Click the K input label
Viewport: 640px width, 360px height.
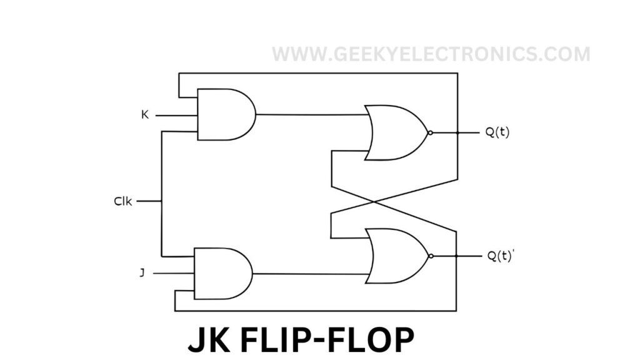coord(145,115)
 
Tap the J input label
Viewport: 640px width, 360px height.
coord(142,273)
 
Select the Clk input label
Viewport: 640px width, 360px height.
coord(123,201)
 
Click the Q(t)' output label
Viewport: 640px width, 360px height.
coord(501,256)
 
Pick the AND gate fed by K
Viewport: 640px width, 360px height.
coord(225,114)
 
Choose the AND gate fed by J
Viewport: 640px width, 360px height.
coord(222,273)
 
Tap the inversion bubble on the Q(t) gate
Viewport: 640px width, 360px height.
coord(430,132)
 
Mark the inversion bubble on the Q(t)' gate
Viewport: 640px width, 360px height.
coord(430,256)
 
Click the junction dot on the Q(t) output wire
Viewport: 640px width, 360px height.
coord(457,132)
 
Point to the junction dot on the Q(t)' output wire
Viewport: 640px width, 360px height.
coord(457,256)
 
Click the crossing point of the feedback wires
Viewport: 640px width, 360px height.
coord(374,201)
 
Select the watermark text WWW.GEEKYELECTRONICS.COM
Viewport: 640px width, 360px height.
coord(431,54)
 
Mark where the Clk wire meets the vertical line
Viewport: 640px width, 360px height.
coord(162,201)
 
